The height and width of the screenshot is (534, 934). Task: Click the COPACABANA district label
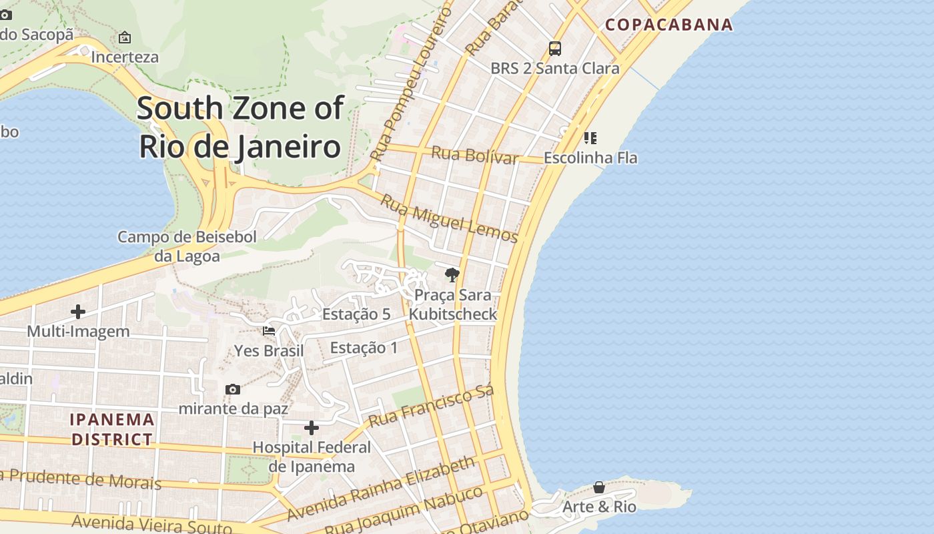[x=668, y=25]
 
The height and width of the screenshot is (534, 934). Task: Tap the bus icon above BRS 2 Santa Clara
[x=555, y=48]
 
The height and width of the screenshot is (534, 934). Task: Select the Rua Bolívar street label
[x=474, y=155]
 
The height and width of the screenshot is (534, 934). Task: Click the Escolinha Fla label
[x=590, y=158]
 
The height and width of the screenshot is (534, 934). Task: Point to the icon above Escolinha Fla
[x=590, y=138]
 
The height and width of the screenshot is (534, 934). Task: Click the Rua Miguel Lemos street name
[x=449, y=218]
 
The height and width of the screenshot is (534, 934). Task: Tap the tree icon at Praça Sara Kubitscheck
[x=452, y=274]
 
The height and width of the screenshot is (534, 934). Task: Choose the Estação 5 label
[x=356, y=314]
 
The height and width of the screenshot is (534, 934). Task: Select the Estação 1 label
[x=364, y=348]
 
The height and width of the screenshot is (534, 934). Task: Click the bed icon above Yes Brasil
[x=269, y=330]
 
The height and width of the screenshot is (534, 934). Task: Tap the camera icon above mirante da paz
[x=233, y=389]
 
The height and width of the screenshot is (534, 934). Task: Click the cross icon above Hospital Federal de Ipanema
[x=312, y=428]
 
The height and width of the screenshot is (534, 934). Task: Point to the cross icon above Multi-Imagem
[x=78, y=312]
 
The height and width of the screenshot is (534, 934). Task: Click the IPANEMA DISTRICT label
[x=113, y=429]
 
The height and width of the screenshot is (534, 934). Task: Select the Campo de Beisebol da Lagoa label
[x=187, y=246]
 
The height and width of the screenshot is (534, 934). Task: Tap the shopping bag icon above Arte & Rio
[x=599, y=487]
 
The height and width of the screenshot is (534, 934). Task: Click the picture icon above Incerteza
[x=125, y=37]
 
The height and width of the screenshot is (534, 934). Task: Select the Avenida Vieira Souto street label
[x=152, y=524]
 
